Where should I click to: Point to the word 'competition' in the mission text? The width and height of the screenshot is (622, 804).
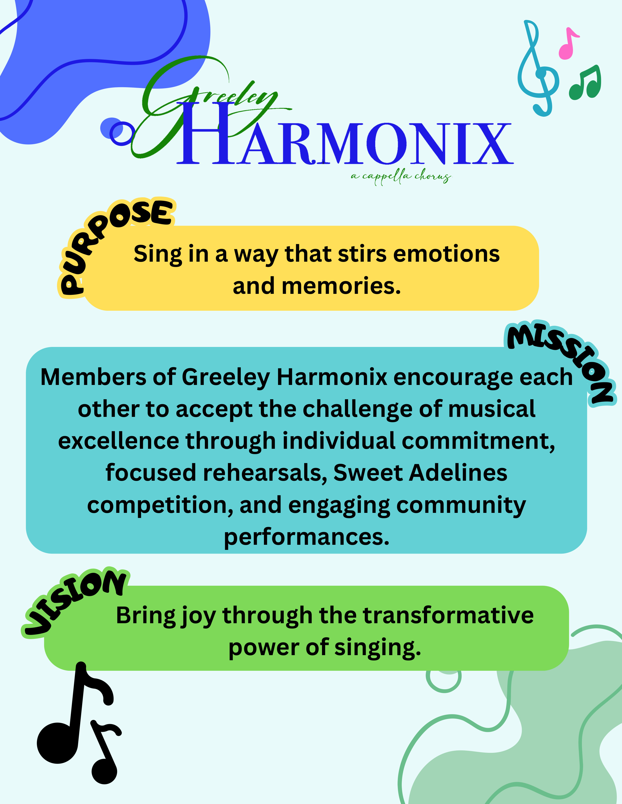pyautogui.click(x=160, y=506)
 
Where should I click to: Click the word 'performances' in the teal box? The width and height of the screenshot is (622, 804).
pyautogui.click(x=307, y=537)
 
